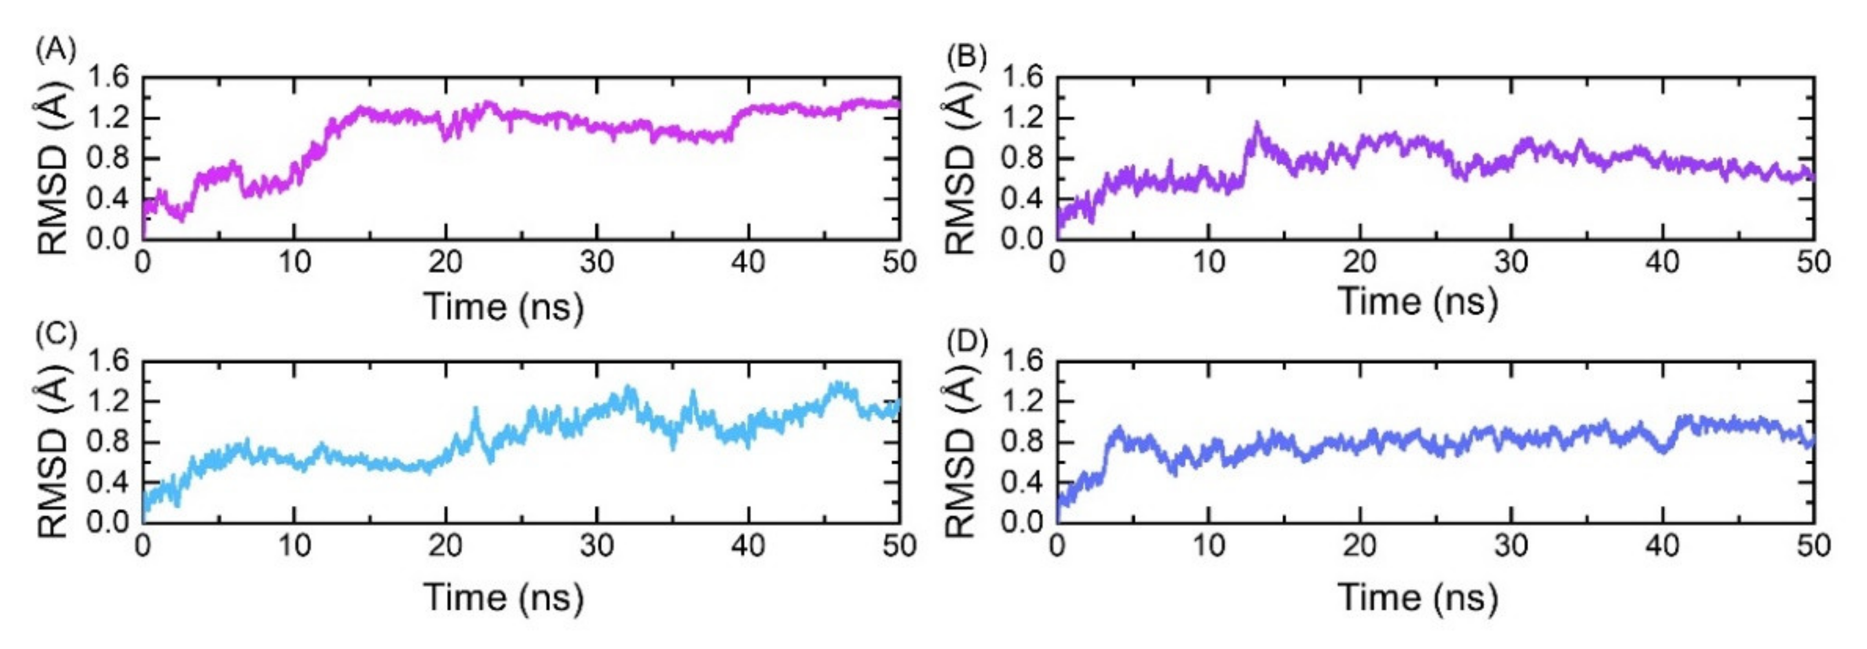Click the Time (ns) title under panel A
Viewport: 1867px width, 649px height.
[504, 306]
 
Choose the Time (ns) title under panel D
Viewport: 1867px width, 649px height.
[1418, 597]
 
